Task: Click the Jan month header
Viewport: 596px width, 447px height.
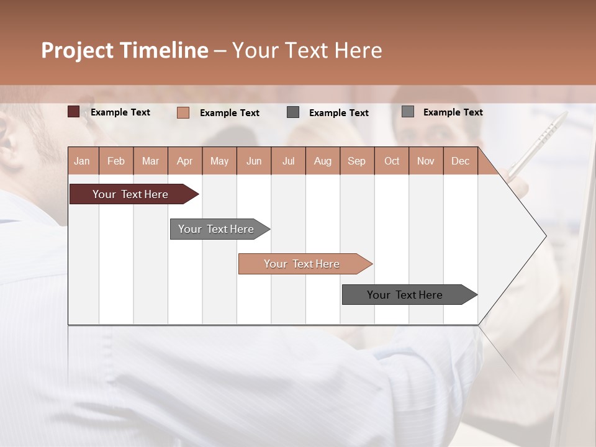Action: click(x=82, y=161)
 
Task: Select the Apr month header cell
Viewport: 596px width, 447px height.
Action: click(x=184, y=161)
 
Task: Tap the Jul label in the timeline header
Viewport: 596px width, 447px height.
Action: click(x=288, y=161)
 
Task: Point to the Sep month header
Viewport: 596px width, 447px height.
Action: click(x=356, y=161)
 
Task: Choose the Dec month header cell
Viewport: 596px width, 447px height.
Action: click(x=460, y=161)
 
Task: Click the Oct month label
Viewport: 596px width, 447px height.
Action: click(x=392, y=161)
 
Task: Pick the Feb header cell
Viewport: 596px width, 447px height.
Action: click(x=116, y=161)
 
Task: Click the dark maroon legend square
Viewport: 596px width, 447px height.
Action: click(x=73, y=112)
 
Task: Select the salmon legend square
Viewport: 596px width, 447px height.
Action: click(x=183, y=112)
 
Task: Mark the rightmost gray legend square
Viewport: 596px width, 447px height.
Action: click(x=408, y=112)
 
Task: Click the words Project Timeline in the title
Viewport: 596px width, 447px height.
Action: click(x=124, y=50)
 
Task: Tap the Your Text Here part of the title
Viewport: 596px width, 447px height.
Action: click(x=307, y=50)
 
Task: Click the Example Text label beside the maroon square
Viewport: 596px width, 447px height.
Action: click(x=120, y=112)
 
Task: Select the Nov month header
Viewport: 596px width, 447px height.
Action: click(x=426, y=161)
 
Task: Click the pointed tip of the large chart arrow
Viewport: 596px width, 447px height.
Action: click(x=544, y=235)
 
